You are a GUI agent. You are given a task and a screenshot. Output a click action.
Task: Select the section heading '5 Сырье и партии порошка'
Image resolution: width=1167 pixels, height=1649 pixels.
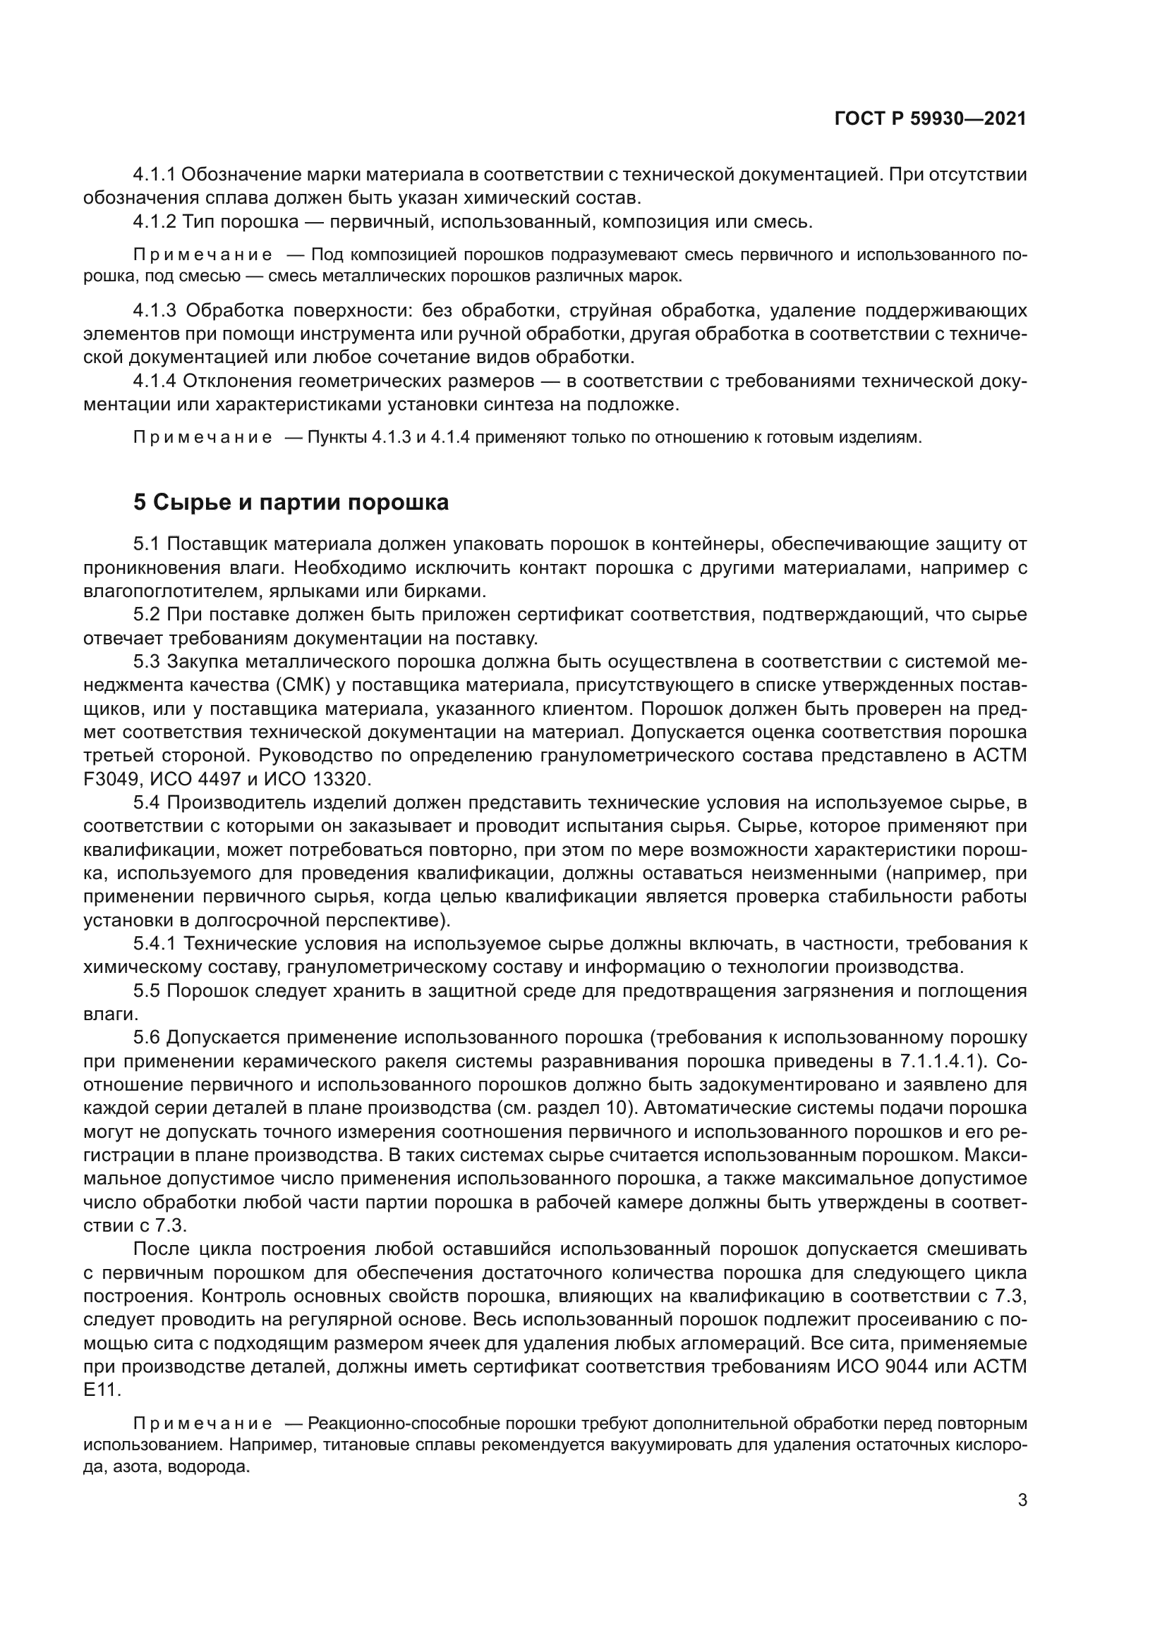click(291, 502)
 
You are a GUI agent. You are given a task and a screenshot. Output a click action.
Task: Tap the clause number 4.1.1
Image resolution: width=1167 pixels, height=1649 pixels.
click(155, 175)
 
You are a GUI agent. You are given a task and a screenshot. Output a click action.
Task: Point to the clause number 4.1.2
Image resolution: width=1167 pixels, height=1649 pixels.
click(155, 221)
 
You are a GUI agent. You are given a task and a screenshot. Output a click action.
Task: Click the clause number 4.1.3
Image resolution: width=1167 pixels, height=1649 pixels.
click(155, 311)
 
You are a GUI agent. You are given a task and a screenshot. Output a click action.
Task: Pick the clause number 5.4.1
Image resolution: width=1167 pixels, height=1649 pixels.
click(155, 944)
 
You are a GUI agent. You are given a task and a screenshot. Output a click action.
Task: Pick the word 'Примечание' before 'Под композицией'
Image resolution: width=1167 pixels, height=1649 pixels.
click(202, 255)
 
